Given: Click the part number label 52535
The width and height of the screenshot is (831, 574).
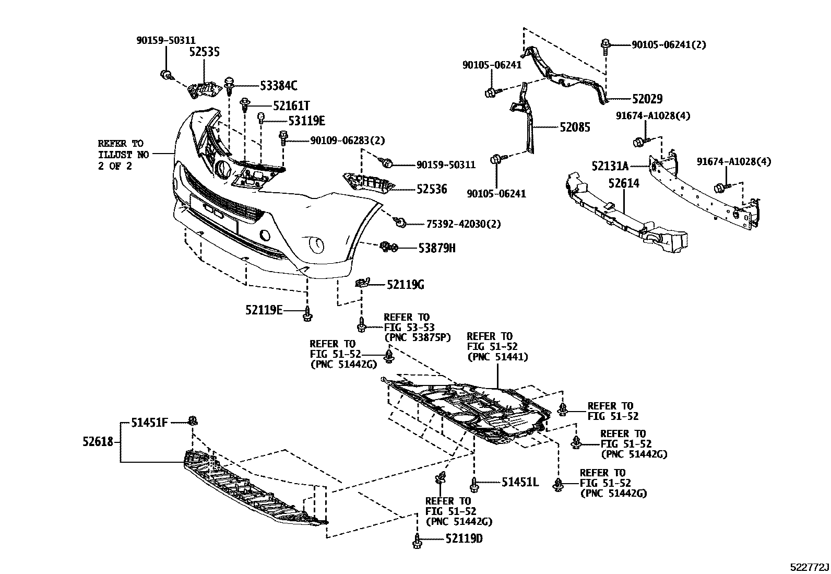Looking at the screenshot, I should [204, 52].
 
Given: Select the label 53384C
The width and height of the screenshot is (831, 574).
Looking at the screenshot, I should [278, 86].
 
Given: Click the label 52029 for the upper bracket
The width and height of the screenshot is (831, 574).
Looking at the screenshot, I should [647, 99].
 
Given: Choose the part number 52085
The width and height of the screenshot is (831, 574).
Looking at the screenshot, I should [575, 127].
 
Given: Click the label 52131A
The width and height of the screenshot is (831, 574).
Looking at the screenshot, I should [610, 166].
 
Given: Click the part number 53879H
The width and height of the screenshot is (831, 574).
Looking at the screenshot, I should [436, 248].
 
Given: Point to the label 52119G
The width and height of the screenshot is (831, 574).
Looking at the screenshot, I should [405, 285].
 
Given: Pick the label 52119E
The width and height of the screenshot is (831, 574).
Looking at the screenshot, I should [264, 310].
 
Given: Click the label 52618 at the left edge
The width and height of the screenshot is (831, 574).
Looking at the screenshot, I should [98, 442].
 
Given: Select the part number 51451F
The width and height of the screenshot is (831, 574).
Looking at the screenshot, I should [149, 423].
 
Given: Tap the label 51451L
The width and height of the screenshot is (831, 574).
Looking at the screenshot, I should [520, 483].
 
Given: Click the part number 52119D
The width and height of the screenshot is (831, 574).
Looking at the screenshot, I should [464, 538].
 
